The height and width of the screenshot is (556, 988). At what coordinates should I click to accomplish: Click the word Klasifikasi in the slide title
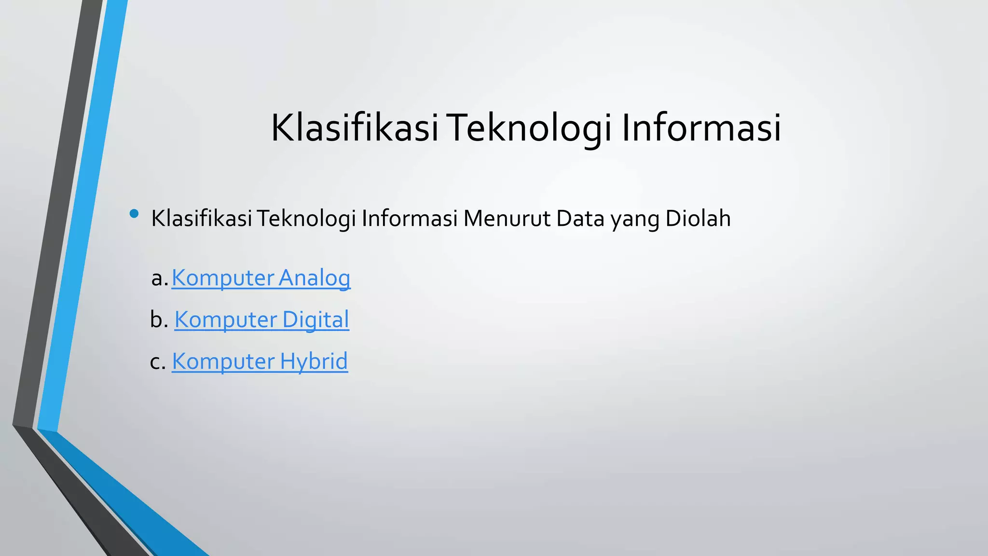point(355,128)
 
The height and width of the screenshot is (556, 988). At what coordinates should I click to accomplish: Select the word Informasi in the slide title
point(701,128)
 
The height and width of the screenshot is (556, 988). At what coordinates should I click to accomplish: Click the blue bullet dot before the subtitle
point(134,213)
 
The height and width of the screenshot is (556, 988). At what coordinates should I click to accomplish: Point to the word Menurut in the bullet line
point(506,219)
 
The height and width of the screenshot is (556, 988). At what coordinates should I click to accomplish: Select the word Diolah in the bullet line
point(698,219)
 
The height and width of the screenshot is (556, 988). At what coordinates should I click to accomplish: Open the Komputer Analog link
point(261,278)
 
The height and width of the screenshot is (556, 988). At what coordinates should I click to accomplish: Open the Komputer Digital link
point(261,320)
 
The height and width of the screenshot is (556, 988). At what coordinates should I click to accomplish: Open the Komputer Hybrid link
point(260,361)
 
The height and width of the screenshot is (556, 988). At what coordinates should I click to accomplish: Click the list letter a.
point(157,278)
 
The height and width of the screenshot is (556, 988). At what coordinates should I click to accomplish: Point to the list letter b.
point(156,320)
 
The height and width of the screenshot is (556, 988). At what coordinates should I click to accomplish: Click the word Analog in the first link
point(315,278)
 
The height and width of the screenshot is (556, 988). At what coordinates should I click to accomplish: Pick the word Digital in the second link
point(316,320)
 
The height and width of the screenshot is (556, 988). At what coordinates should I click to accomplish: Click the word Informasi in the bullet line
point(410,219)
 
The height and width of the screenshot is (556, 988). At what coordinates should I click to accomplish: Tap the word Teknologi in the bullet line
point(306,219)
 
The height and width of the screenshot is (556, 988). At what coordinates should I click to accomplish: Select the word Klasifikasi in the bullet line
point(202,219)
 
